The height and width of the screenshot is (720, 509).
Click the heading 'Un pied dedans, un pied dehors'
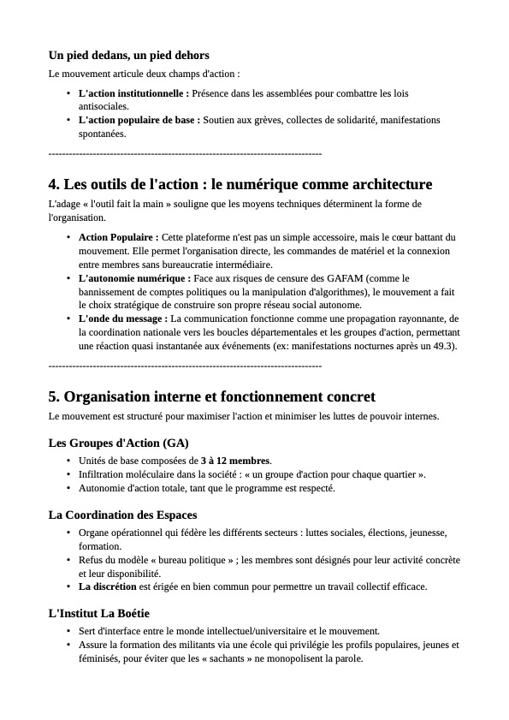128,56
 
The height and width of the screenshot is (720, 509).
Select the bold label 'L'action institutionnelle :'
133,92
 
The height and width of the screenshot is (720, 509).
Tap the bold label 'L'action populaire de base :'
139,120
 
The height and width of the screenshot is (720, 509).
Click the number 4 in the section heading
54,184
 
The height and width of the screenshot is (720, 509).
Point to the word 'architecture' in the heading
389,184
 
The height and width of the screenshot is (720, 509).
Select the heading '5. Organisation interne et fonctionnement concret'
212,396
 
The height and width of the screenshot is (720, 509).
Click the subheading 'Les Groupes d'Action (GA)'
119,443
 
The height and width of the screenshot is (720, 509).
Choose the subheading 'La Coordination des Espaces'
123,515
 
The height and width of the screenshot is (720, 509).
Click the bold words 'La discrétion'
108,586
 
